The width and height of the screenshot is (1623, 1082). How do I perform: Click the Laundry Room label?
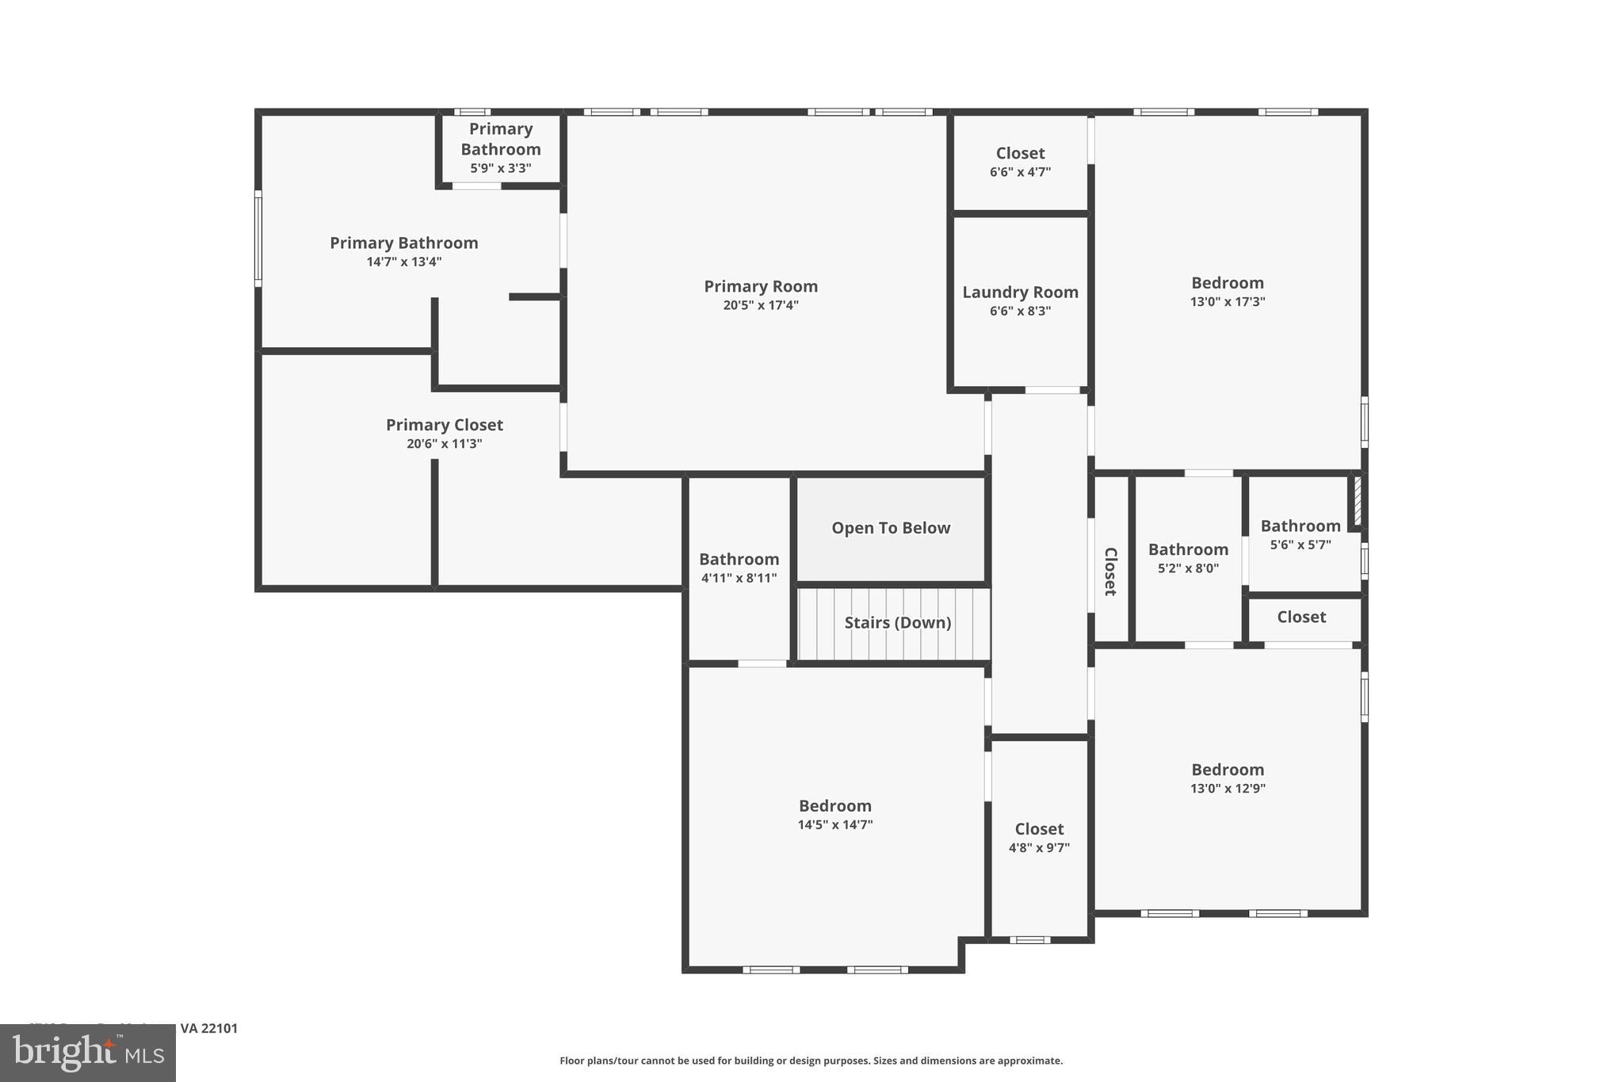pyautogui.click(x=1020, y=292)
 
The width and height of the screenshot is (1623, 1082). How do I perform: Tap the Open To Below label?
pyautogui.click(x=891, y=528)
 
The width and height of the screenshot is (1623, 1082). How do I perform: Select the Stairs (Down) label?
pyautogui.click(x=897, y=622)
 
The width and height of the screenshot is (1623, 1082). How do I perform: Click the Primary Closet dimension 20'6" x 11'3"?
pyautogui.click(x=444, y=444)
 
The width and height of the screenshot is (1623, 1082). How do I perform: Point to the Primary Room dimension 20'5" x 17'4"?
pyautogui.click(x=760, y=305)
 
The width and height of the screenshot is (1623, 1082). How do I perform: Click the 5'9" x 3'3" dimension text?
pyautogui.click(x=500, y=168)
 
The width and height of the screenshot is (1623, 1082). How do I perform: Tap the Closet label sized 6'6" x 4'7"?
pyautogui.click(x=1020, y=153)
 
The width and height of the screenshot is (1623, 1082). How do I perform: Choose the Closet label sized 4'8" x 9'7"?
pyautogui.click(x=1039, y=828)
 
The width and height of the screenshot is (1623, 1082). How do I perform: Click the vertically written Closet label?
pyautogui.click(x=1110, y=571)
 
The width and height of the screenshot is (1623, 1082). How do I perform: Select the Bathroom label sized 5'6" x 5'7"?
pyautogui.click(x=1300, y=526)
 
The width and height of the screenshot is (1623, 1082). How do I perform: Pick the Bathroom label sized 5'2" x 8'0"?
pyautogui.click(x=1188, y=549)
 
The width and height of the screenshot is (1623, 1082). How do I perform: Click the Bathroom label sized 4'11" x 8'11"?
pyautogui.click(x=739, y=559)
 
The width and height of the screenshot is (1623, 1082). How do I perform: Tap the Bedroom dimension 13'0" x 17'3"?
pyautogui.click(x=1227, y=302)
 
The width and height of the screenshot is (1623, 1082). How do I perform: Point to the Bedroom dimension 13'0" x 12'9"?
pyautogui.click(x=1227, y=789)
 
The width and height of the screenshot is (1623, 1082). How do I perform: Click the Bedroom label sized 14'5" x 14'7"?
pyautogui.click(x=834, y=805)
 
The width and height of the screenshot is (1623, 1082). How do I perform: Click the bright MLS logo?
pyautogui.click(x=87, y=1053)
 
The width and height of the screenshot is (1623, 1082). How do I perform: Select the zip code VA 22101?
pyautogui.click(x=208, y=1028)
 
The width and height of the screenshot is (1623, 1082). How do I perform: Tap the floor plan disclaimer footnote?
pyautogui.click(x=811, y=1061)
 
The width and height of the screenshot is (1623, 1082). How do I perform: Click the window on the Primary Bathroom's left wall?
pyautogui.click(x=258, y=238)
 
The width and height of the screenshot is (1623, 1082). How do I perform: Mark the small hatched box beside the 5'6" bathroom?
pyautogui.click(x=1358, y=499)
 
